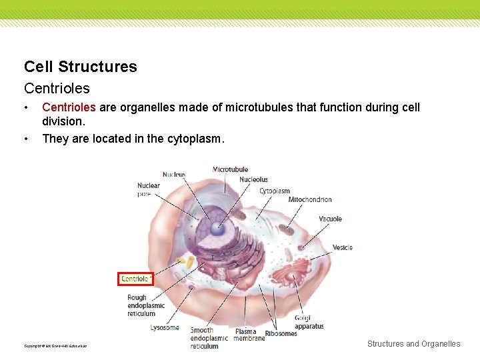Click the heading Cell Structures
tap(80, 67)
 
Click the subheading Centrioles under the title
tap(57, 88)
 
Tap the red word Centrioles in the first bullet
tap(69, 107)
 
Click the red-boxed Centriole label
tap(135, 279)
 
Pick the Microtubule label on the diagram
tap(230, 170)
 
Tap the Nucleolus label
tap(253, 179)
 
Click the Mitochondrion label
tap(309, 199)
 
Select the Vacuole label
tap(330, 219)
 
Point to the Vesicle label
tap(342, 247)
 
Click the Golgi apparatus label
tap(309, 323)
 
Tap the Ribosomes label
tap(281, 333)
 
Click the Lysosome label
tap(164, 327)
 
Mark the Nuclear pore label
tap(148, 189)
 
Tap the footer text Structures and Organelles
tap(413, 344)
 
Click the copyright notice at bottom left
tap(55, 345)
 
